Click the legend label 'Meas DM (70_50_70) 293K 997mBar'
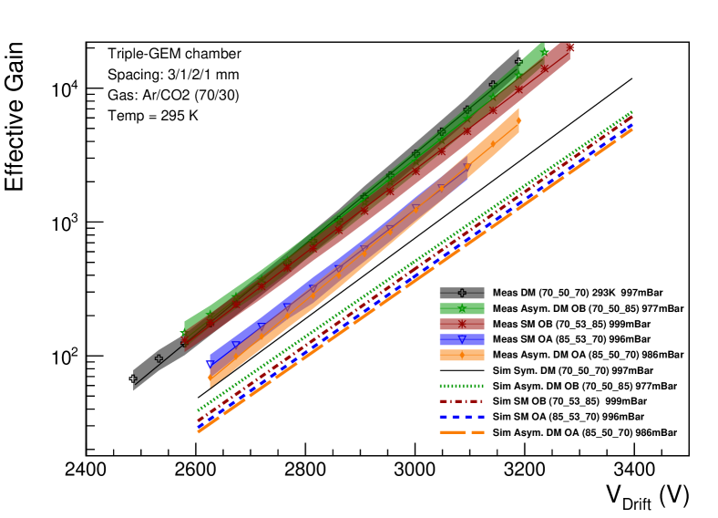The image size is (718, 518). (x=577, y=293)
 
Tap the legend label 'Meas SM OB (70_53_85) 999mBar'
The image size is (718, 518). (x=571, y=324)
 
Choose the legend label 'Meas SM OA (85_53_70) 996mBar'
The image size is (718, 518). (x=571, y=339)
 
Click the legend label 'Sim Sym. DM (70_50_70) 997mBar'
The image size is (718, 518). (x=572, y=370)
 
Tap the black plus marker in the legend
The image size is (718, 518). (x=462, y=293)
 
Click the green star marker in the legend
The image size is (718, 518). (x=462, y=308)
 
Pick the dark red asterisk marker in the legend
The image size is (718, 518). (x=462, y=324)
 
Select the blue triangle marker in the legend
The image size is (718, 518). (x=462, y=339)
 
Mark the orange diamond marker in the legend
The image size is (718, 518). (x=462, y=355)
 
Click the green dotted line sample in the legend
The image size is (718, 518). (x=462, y=386)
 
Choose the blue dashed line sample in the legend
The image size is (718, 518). (x=462, y=417)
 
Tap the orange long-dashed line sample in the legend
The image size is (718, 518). (x=462, y=432)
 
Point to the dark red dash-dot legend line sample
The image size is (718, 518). (x=462, y=401)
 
